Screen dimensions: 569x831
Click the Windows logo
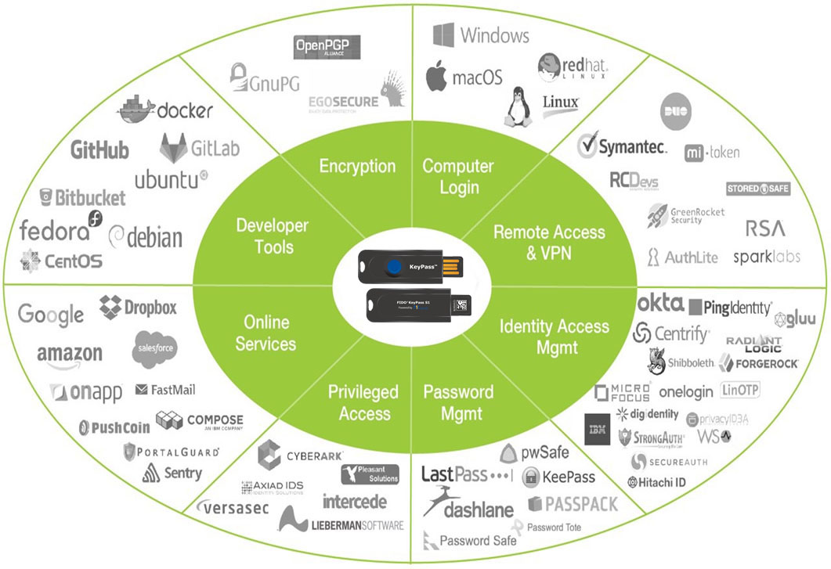pos(444,35)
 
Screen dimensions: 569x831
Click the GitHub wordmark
pos(99,149)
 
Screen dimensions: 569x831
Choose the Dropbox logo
pos(139,307)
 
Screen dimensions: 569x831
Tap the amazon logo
pos(70,355)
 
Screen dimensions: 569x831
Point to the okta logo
pos(661,304)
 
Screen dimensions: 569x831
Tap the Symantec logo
pos(623,146)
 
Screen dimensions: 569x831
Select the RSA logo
pos(765,229)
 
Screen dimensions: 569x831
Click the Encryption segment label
pos(358,166)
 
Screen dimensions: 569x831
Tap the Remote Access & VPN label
pos(549,242)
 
